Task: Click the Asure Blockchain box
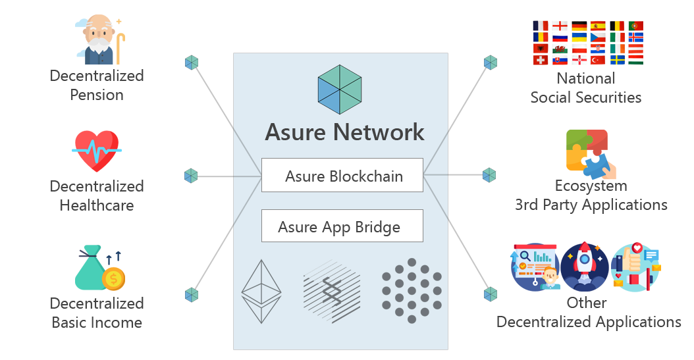coord(342,176)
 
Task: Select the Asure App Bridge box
coord(342,226)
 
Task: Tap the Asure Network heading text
coord(344,132)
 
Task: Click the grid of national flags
coord(587,43)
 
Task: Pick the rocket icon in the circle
coord(585,267)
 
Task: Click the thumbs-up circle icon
coord(635,267)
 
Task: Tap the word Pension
coord(97,95)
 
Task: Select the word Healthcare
coord(97,205)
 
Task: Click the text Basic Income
coord(97,322)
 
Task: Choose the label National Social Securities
coord(586,88)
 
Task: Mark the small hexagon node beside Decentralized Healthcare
coord(191,176)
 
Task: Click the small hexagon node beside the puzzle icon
coord(489,175)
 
